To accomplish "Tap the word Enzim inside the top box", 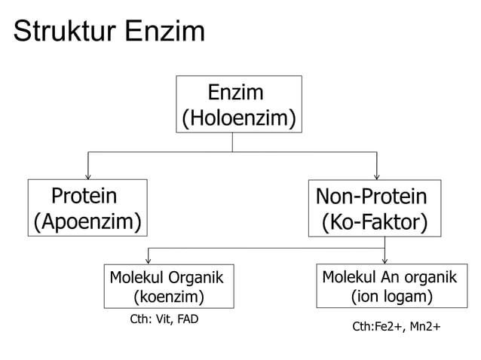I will tap(236, 93).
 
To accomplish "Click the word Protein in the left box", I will tap(84, 197).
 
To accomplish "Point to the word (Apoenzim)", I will tap(87, 221).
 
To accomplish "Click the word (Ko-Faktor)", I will tap(375, 223).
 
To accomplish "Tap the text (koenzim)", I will tap(168, 297).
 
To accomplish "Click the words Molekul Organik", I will tap(167, 276).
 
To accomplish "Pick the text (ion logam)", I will tap(391, 297).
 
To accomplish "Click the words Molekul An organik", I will tap(389, 276).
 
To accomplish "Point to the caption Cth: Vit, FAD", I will tap(164, 319).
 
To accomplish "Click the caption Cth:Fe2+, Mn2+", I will tap(397, 328).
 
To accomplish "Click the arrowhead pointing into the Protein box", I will tap(88, 176).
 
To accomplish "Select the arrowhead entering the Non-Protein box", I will tap(376, 176).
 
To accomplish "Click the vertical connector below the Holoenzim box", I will tap(232, 142).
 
